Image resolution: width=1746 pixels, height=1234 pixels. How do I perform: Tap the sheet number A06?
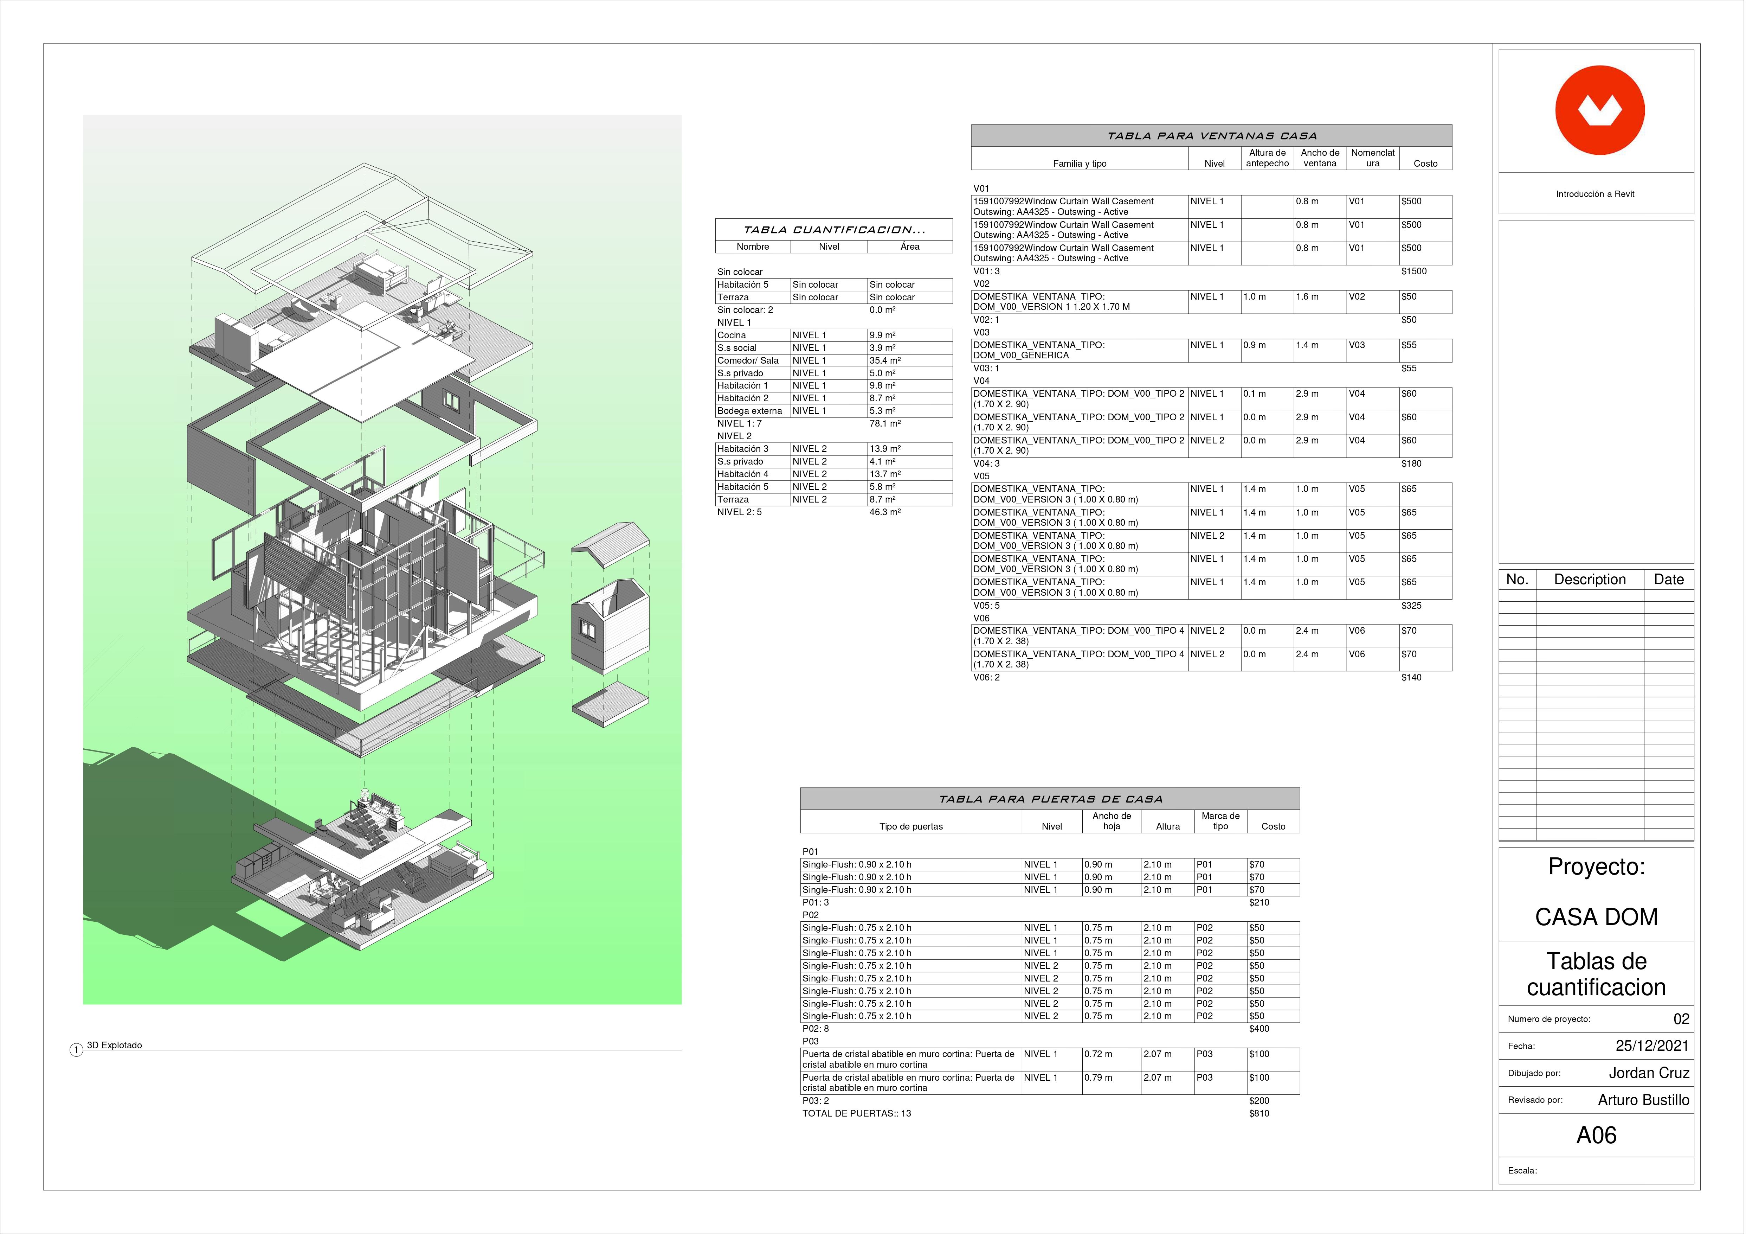tap(1596, 1135)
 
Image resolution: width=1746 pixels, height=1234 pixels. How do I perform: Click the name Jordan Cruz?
tap(1649, 1073)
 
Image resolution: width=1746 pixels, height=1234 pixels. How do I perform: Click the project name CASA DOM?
tap(1596, 917)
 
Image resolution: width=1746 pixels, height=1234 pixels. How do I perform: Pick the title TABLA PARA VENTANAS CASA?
tap(1211, 136)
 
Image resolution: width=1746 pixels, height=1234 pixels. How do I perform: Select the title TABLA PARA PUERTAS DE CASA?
tap(1050, 799)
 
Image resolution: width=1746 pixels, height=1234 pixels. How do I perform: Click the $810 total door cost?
tap(1259, 1113)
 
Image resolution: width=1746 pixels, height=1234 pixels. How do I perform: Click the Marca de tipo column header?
tap(1220, 821)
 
